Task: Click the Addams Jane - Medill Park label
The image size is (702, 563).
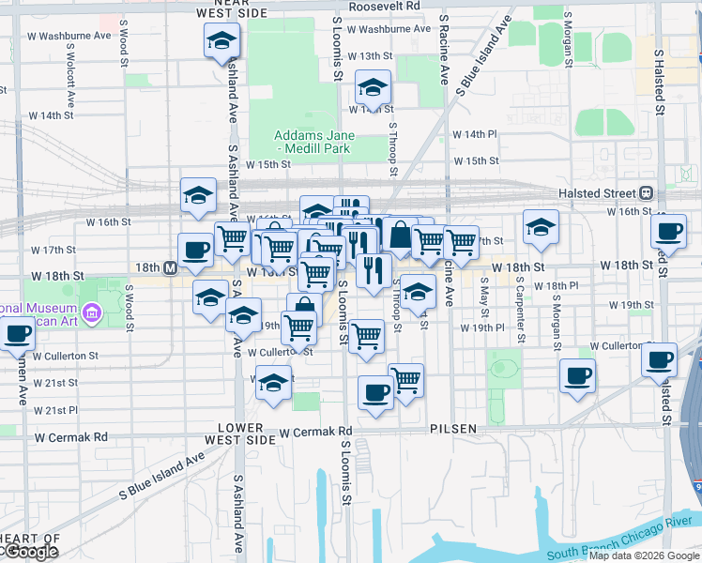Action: pos(312,142)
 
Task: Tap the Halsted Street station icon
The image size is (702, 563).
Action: pos(646,193)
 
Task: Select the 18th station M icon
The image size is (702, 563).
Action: pos(170,267)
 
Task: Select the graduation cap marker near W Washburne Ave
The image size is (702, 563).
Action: pos(221,40)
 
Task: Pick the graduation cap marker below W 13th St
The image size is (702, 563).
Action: pos(373,89)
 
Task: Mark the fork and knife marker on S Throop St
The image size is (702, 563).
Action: pos(374,271)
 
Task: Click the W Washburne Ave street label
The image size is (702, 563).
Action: pos(389,29)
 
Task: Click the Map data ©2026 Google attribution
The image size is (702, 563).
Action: pos(644,555)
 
